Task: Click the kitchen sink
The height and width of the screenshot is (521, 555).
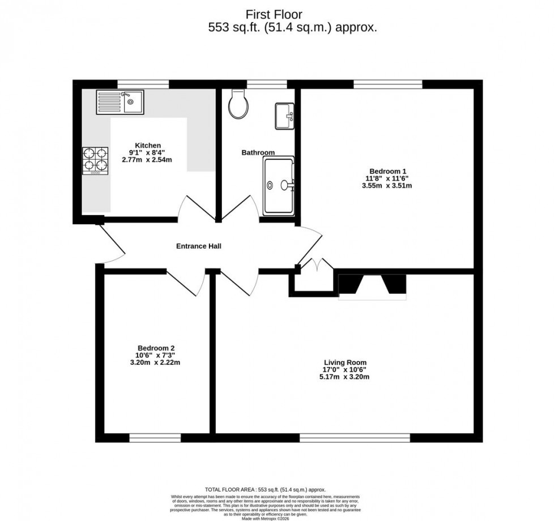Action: (x=119, y=102)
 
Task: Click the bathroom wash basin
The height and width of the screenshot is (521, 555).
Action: (x=284, y=116)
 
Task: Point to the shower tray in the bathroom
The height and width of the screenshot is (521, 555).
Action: (x=279, y=185)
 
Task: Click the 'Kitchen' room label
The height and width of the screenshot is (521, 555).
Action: (x=147, y=145)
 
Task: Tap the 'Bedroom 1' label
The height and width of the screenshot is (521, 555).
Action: (x=388, y=171)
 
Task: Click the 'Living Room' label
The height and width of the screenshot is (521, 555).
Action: (x=345, y=362)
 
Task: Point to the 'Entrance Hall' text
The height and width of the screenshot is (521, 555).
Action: (x=198, y=246)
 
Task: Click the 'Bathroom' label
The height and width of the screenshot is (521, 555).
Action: (x=258, y=152)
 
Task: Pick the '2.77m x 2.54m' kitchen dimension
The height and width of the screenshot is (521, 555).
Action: (x=147, y=160)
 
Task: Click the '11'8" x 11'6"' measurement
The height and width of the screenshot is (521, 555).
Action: (x=388, y=178)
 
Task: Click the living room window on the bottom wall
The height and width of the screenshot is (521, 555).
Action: (x=355, y=437)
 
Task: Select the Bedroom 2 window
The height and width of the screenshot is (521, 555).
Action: (x=155, y=437)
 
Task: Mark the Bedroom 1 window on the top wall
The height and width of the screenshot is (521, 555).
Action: (x=388, y=84)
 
